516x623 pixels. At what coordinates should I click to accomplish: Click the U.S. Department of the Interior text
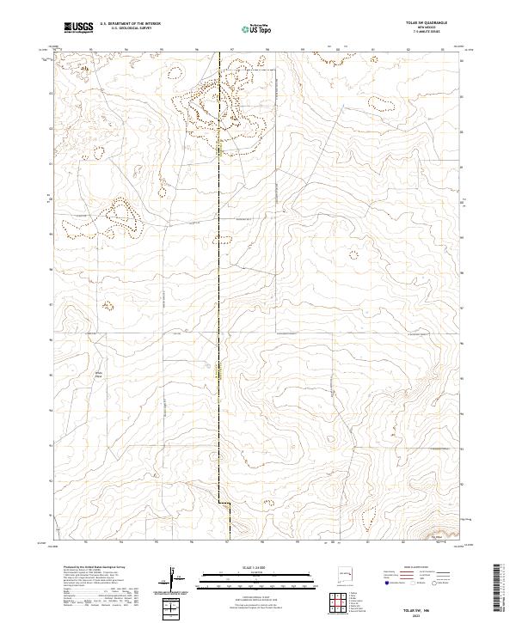128,24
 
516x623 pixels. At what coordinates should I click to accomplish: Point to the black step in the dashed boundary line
223,503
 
